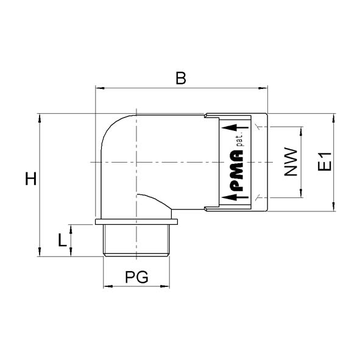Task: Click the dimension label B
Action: [181, 78]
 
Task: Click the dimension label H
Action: [31, 179]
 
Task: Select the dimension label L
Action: [62, 241]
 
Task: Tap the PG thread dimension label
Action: [136, 277]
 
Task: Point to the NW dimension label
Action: [291, 162]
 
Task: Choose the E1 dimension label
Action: [325, 161]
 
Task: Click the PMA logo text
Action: [236, 171]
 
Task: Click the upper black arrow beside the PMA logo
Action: [235, 127]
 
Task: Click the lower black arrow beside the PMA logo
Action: [235, 197]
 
